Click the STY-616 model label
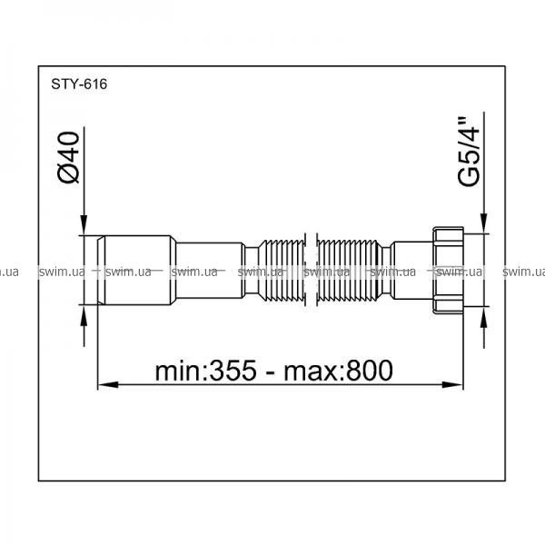click(x=79, y=84)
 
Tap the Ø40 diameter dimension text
click(x=68, y=157)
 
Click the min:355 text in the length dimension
click(x=205, y=371)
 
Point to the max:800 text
click(x=339, y=371)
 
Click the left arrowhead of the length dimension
click(x=108, y=385)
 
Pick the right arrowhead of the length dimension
click(x=452, y=385)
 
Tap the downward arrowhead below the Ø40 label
click(x=84, y=225)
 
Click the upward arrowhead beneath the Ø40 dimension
click(x=84, y=315)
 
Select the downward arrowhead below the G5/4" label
click(x=483, y=223)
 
